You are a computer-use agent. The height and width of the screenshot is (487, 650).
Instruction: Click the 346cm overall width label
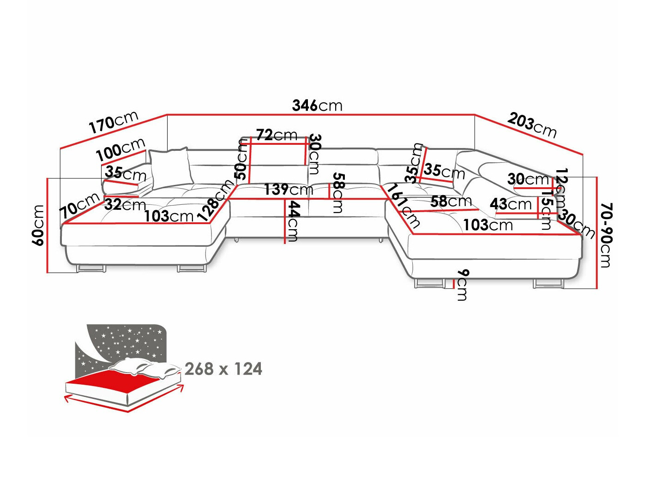point(317,106)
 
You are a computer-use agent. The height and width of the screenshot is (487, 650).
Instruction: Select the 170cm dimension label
point(113,122)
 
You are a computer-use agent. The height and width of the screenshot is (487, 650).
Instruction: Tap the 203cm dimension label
point(532,125)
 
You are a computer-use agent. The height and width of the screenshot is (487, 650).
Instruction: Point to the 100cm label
point(120,148)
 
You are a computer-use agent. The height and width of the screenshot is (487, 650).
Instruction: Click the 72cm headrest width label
point(277,135)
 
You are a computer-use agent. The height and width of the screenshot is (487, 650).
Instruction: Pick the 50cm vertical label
point(241,159)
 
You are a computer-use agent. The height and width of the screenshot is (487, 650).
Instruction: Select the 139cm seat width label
point(289,189)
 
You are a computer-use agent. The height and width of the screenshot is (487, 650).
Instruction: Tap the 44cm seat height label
point(293,221)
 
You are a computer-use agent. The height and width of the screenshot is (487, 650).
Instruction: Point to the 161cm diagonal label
point(403,206)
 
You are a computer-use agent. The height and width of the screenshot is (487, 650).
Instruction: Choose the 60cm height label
point(38,225)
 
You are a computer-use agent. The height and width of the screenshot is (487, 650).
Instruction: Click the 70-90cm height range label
point(605,235)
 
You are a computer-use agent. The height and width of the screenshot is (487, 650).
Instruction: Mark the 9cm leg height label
point(462,285)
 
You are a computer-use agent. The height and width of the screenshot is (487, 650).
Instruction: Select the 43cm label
point(511,203)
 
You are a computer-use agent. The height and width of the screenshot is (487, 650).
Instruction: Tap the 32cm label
point(125,204)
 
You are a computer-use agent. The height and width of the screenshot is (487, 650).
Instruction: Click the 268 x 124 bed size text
point(223,369)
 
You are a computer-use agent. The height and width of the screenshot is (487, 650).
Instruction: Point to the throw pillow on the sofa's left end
point(169,168)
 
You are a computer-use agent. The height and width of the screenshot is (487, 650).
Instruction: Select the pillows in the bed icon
point(143,368)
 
